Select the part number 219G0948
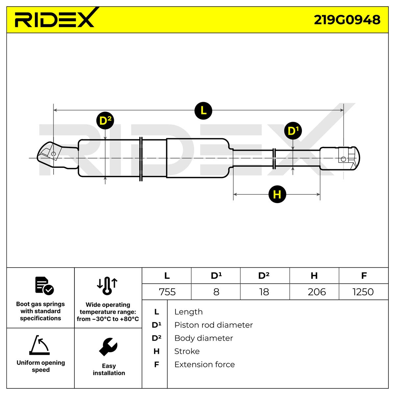347,20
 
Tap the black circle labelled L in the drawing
203,111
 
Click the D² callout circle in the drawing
105,120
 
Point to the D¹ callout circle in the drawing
293,131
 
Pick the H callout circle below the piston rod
277,194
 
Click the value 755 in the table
167,292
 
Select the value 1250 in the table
363,292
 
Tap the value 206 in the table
317,292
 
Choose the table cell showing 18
264,292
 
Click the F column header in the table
364,276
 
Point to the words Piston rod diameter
213,325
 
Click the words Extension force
204,365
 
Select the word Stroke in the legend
187,352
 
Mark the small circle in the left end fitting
53,154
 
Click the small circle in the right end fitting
343,159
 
